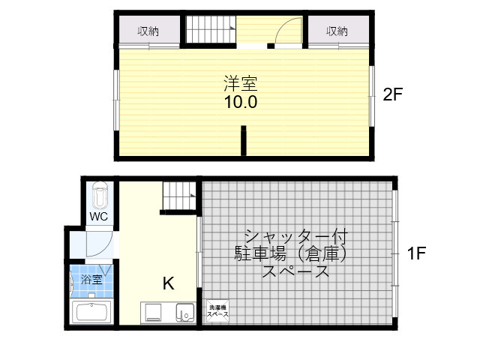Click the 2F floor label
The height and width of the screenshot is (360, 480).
[392, 94]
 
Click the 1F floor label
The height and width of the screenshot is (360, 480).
[416, 253]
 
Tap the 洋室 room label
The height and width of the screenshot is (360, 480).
[241, 83]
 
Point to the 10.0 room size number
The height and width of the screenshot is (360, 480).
[241, 102]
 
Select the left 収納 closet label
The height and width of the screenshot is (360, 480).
[148, 31]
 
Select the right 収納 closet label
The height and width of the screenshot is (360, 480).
[337, 31]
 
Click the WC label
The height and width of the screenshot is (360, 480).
[98, 217]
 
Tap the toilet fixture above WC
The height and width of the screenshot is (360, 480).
[100, 195]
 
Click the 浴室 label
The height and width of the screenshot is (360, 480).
[91, 279]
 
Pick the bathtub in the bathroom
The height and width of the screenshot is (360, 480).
[91, 312]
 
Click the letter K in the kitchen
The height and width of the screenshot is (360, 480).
[168, 283]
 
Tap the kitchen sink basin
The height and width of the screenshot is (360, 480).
[185, 313]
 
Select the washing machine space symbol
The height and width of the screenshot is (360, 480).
[217, 311]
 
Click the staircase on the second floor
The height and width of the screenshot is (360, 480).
[211, 29]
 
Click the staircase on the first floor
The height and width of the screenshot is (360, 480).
[179, 196]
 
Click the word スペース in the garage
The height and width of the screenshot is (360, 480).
[295, 271]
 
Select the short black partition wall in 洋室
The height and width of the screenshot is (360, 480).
[243, 140]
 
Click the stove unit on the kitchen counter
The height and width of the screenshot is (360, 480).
[153, 313]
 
